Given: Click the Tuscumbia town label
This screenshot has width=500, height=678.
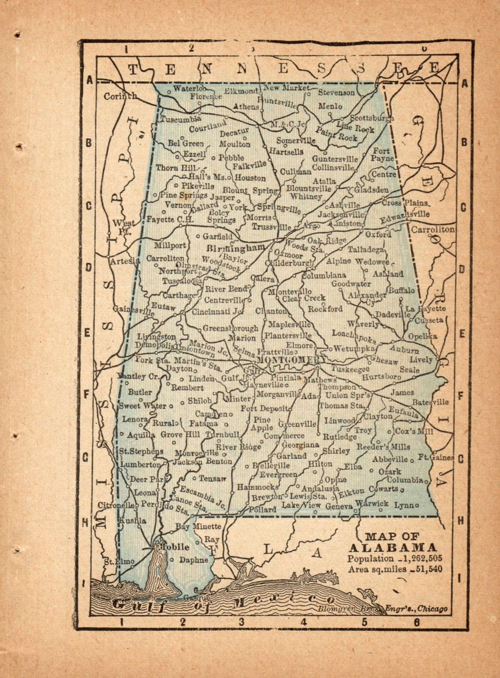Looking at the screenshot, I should click(x=180, y=119).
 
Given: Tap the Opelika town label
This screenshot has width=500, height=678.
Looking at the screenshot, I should click(x=422, y=336).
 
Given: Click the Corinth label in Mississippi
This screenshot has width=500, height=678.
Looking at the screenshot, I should click(x=120, y=96).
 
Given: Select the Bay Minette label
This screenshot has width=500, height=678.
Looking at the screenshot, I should click(x=198, y=526).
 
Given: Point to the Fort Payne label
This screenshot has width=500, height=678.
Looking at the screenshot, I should click(x=382, y=155).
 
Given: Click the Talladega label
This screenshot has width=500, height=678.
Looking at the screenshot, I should click(x=366, y=249).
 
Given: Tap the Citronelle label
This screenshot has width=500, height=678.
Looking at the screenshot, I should click(x=116, y=505).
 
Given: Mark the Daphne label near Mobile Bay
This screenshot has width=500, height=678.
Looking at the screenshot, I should click(x=194, y=560).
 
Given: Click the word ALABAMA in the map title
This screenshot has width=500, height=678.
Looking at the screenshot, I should click(x=393, y=548).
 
